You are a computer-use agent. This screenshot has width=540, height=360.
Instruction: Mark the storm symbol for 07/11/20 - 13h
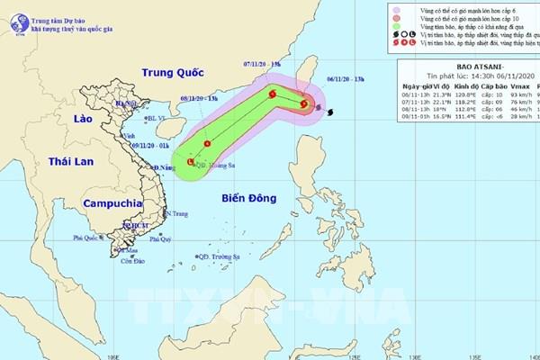tap(272, 91)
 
